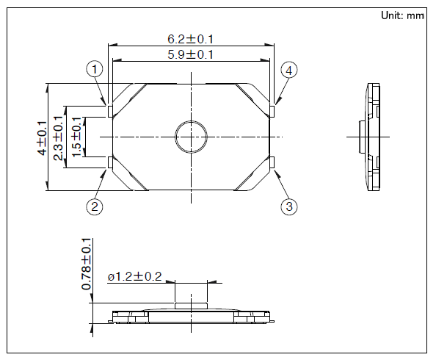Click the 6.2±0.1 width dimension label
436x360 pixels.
pyautogui.click(x=190, y=39)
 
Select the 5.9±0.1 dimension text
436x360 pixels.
pyautogui.click(x=190, y=54)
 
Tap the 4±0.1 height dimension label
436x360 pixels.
pyautogui.click(x=42, y=138)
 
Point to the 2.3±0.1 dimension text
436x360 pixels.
pyautogui.click(x=59, y=138)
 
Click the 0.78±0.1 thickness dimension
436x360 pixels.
pyautogui.click(x=86, y=264)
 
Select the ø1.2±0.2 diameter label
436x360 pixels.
pyautogui.click(x=134, y=277)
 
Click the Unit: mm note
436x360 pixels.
pyautogui.click(x=402, y=15)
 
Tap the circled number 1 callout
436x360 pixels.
pyautogui.click(x=95, y=69)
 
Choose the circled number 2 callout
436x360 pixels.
pyautogui.click(x=95, y=206)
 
